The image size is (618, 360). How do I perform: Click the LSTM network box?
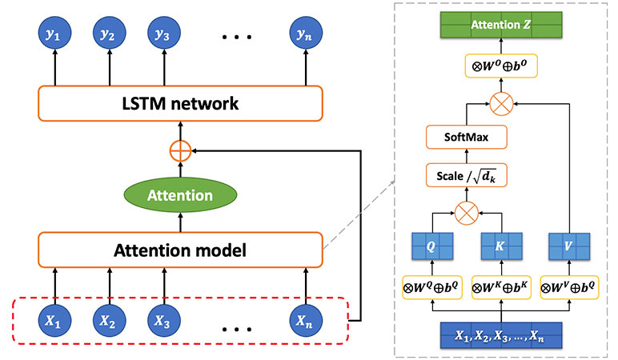[x=179, y=104]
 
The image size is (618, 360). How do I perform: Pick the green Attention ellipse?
[x=179, y=194]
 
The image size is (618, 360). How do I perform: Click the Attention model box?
[x=179, y=250]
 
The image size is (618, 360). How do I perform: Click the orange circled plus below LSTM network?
[x=179, y=150]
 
